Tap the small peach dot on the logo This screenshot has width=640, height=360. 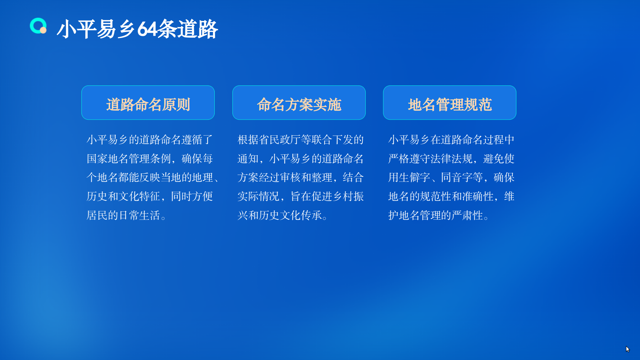43,30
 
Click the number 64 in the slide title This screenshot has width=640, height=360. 147,29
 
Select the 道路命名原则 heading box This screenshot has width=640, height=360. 148,103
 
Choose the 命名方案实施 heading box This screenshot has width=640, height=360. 299,103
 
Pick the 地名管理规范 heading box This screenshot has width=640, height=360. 450,103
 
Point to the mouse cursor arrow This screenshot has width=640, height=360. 627,349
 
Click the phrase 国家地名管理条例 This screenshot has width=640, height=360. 129,159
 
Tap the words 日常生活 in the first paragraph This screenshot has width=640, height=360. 139,215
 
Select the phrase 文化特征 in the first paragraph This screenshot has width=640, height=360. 139,196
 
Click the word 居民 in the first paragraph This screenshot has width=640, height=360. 97,215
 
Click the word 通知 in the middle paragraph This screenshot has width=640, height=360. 248,159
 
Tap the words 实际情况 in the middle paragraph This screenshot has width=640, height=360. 258,196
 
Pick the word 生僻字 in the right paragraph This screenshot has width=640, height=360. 414,177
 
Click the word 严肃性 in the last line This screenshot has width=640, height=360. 467,215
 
